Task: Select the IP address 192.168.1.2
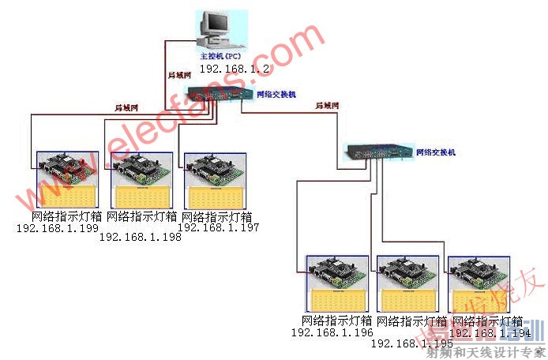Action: pos(235,69)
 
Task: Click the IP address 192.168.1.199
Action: pos(58,228)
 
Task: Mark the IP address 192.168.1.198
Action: pos(140,237)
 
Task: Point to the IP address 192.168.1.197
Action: pos(219,227)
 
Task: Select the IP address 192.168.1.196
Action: pos(332,332)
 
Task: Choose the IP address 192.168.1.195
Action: pos(411,343)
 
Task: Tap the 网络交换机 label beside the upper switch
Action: pos(276,94)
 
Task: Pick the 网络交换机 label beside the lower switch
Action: pos(436,152)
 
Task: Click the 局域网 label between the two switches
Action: pos(327,105)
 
